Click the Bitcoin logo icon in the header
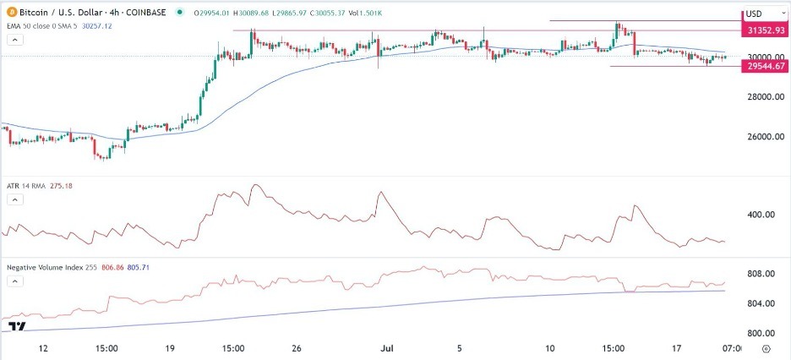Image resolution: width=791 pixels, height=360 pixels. [8, 14]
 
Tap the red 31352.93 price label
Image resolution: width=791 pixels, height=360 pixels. [764, 30]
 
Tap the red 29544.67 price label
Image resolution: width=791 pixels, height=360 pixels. [764, 67]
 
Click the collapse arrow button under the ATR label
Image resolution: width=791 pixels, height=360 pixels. [14, 199]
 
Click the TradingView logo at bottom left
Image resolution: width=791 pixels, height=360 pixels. [14, 326]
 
